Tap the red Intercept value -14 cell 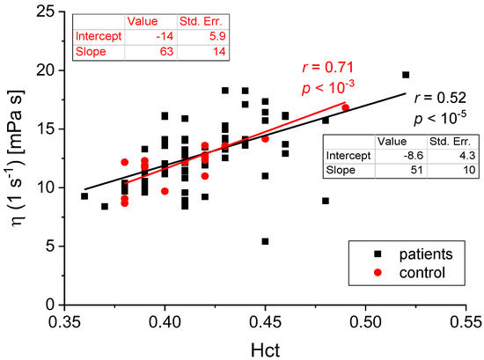(x=135, y=36)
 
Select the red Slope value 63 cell (x=135, y=52)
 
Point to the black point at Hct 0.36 (x=84, y=195)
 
